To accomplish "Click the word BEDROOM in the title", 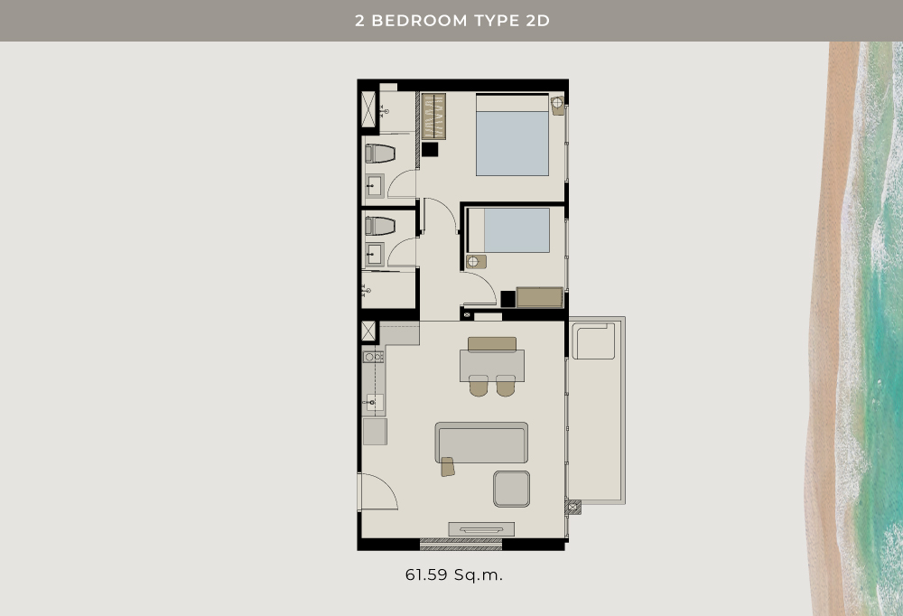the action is click(419, 21).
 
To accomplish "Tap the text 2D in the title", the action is click(538, 21).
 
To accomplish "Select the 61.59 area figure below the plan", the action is click(427, 574).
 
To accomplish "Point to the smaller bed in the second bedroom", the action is click(508, 230).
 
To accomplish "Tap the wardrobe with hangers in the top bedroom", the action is click(433, 117).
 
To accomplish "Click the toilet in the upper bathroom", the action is click(380, 154).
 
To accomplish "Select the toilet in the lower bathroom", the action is click(380, 226).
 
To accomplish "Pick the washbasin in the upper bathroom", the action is click(375, 186).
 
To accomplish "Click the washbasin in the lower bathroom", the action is click(375, 254).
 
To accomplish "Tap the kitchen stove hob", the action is click(373, 358).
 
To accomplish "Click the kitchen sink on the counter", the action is click(375, 402).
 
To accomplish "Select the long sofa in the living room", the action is click(481, 442).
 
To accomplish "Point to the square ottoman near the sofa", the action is click(511, 490).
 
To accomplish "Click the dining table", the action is click(492, 366).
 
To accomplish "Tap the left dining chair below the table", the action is click(479, 386).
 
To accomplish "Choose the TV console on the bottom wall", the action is click(481, 529).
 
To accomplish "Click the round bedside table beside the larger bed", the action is click(557, 106).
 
